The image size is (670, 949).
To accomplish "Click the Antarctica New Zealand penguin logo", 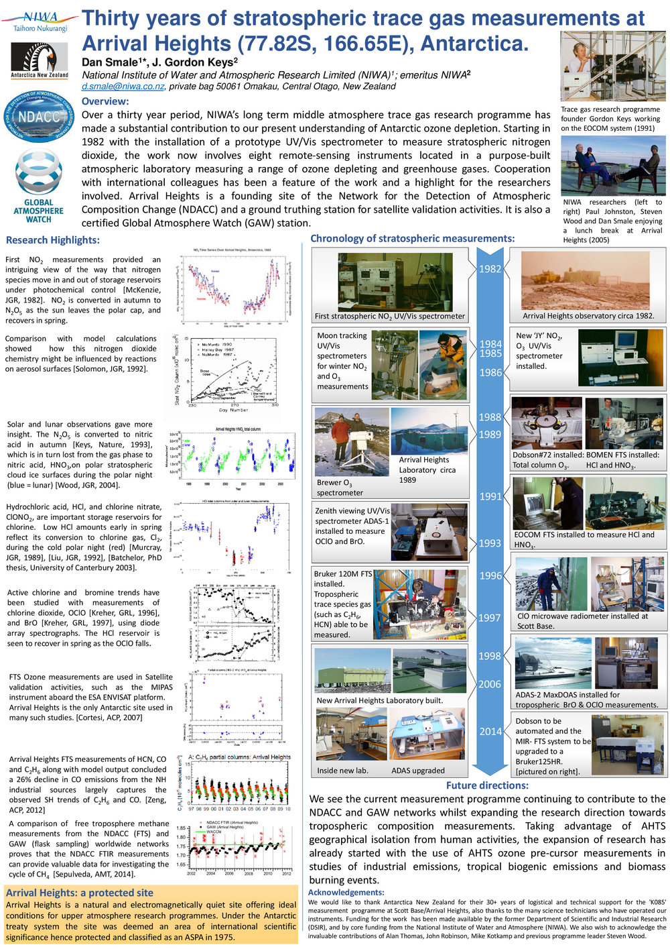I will click(x=40, y=60).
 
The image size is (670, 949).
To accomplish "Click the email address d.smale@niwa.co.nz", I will click(x=123, y=87).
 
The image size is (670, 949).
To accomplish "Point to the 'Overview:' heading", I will click(x=105, y=101).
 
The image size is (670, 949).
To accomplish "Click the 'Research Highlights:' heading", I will click(x=52, y=240).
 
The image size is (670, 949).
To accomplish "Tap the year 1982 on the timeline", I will click(x=490, y=269).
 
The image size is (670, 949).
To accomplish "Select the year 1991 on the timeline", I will click(x=490, y=496).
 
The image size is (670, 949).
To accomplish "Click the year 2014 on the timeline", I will click(x=490, y=731).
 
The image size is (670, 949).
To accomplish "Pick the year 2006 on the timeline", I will click(x=490, y=684).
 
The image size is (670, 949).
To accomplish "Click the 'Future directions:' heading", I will click(x=487, y=785).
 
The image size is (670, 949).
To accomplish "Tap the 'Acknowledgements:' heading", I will click(x=346, y=893).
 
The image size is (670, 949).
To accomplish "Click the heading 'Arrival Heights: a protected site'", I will click(x=80, y=893).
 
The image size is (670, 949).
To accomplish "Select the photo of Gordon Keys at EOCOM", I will click(x=612, y=66).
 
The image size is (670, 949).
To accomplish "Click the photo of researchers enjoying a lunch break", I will click(x=612, y=165).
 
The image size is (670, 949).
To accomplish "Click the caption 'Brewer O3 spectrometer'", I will click(x=340, y=488).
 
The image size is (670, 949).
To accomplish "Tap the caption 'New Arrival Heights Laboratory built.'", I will click(x=379, y=701).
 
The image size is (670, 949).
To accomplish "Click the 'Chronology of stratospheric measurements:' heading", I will click(x=412, y=238).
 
